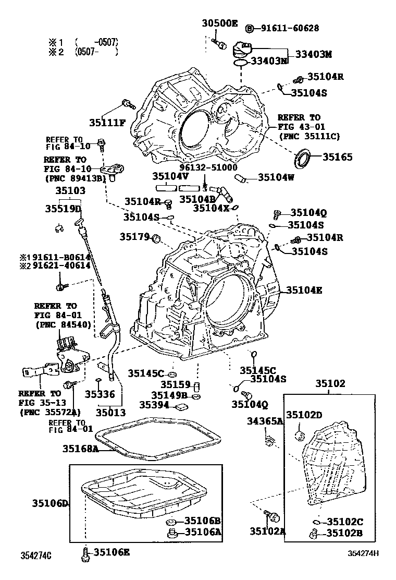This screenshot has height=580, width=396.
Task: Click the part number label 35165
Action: point(338,156)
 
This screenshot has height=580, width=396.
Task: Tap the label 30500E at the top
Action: point(219,23)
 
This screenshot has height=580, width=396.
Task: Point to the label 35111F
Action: point(107,123)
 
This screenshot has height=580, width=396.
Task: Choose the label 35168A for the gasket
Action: point(81,448)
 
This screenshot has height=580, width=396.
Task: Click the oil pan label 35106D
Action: point(50,503)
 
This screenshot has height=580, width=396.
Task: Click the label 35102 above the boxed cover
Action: point(330,383)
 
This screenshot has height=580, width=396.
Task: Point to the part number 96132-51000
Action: point(208,167)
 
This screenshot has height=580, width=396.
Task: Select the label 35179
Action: point(134,237)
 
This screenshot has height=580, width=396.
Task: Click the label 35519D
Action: point(64,209)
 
